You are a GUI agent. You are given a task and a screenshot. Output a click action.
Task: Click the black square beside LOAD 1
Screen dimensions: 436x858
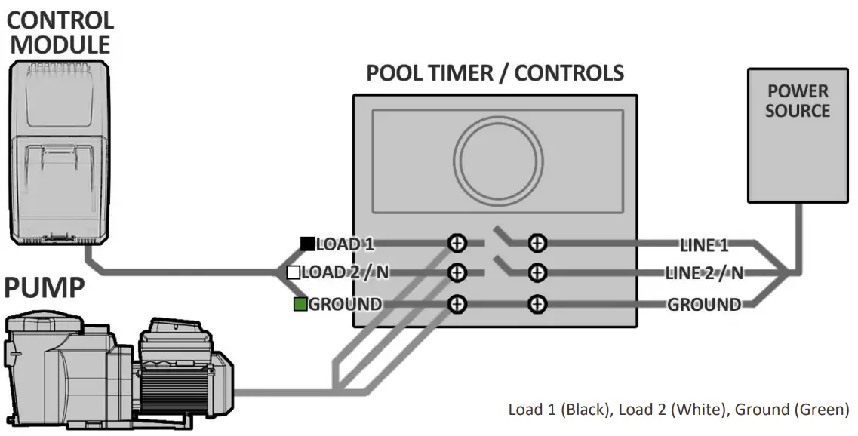pos(307,243)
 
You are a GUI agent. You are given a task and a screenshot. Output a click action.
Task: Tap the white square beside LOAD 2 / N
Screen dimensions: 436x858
pos(294,272)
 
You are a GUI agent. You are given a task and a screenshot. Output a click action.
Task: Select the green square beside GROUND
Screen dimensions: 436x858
pos(300,305)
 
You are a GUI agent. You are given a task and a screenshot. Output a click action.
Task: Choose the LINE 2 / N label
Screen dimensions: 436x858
pos(703,273)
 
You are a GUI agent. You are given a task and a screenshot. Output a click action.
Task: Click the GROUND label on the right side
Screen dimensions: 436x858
pos(703,305)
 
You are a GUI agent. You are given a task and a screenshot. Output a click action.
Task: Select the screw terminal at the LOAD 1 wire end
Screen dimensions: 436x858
pos(457,243)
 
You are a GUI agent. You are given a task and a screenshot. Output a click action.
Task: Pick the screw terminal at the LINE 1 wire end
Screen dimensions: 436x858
pos(537,243)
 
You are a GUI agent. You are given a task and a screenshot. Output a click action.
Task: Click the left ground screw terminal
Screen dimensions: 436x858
pos(457,303)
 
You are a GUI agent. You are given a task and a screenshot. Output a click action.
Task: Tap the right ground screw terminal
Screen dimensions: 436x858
pos(537,303)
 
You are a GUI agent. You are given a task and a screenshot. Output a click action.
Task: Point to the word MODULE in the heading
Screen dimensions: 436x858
pos(60,44)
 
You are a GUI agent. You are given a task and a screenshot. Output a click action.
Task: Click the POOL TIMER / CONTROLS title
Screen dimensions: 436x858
pos(495,73)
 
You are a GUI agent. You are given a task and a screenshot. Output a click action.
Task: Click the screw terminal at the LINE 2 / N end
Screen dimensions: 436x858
pos(537,272)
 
